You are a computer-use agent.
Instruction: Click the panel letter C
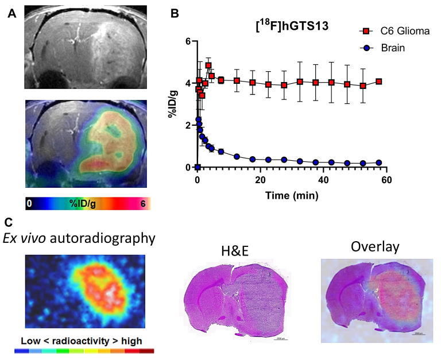coord(7,221)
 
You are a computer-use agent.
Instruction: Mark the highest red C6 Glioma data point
coord(208,65)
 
